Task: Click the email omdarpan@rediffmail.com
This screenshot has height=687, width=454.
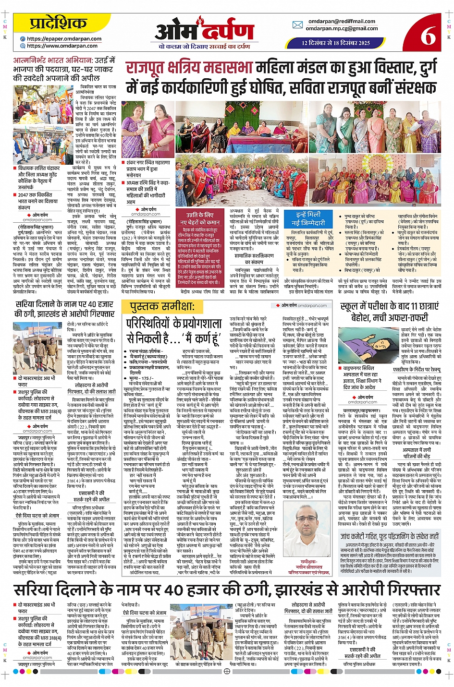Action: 342,21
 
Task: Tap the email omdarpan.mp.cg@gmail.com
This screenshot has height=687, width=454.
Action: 342,28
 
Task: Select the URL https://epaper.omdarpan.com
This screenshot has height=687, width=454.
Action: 64,39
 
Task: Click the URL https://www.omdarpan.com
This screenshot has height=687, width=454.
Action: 62,46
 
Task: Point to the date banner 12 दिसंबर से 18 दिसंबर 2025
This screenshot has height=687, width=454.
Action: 336,43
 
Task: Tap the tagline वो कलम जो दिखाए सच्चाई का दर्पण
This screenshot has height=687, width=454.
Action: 204,47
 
